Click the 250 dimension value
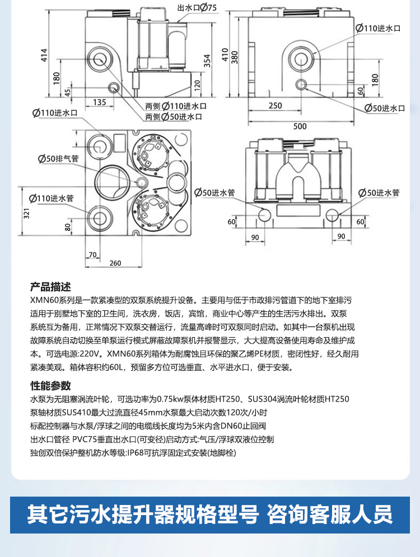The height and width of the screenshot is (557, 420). coord(275,106)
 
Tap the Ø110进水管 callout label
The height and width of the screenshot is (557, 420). coord(52,197)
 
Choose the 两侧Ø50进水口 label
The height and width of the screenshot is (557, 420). coord(174,117)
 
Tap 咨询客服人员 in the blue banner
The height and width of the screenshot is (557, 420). coord(330,513)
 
